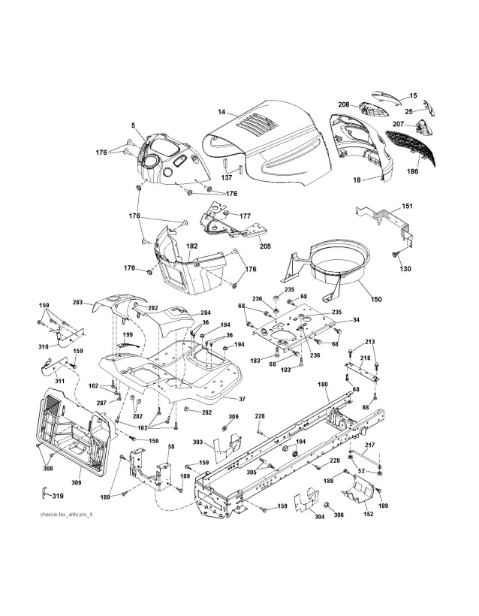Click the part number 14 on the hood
click(221, 112)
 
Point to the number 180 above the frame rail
click(323, 384)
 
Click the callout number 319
click(57, 497)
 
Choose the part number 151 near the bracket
click(407, 206)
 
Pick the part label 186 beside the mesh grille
click(412, 171)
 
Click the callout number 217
click(370, 445)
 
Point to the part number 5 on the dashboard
click(133, 125)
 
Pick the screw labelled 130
click(394, 256)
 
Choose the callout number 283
click(77, 303)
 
